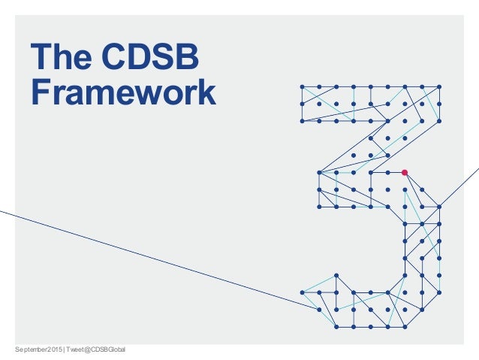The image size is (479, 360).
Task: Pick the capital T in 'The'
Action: pos(38,58)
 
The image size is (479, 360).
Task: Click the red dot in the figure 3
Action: pos(404,173)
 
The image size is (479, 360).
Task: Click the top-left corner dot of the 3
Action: pos(301,86)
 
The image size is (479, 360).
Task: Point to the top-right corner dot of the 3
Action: pos(438,86)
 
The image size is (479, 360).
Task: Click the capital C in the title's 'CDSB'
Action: pos(116,58)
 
